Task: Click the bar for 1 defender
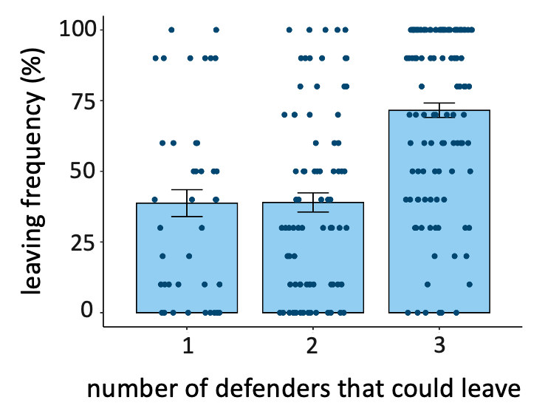186,259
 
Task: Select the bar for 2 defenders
312,259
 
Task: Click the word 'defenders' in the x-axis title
275,389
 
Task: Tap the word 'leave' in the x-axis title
487,389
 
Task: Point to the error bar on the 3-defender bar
439,109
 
